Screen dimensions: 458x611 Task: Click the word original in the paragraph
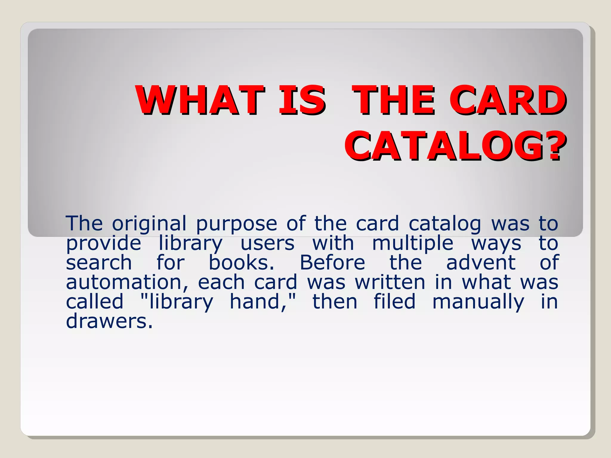[x=149, y=224]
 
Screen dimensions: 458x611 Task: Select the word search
[x=99, y=263]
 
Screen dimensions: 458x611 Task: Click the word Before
[x=332, y=263]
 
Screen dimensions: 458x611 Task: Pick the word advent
[x=481, y=263]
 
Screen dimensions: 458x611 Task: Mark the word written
[x=390, y=282]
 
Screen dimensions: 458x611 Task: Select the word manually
[x=478, y=302]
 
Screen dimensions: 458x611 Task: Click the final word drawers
[x=109, y=321]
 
